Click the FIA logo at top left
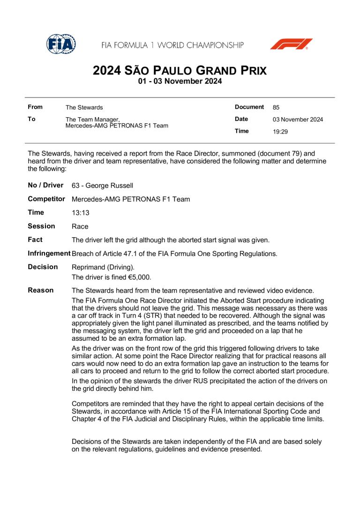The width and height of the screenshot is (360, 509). tap(61, 44)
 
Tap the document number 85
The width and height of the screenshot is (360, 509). tap(276, 107)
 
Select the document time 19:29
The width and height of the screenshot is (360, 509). tap(280, 132)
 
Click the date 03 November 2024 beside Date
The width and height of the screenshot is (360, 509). tap(298, 120)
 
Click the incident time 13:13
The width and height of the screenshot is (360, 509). tap(81, 213)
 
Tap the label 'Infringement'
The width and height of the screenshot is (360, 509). tap(49, 254)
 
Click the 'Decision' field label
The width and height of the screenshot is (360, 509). tap(43, 267)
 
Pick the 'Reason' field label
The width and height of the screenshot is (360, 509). tap(41, 291)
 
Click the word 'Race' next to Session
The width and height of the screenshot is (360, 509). tap(80, 226)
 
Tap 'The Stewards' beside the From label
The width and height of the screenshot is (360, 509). tap(84, 107)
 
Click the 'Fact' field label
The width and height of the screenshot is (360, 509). tap(35, 240)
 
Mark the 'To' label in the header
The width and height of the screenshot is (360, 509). tap(32, 119)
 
